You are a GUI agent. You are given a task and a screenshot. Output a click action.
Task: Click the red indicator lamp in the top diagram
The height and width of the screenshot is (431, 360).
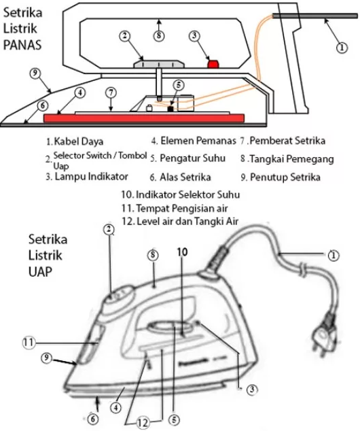click(212, 63)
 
